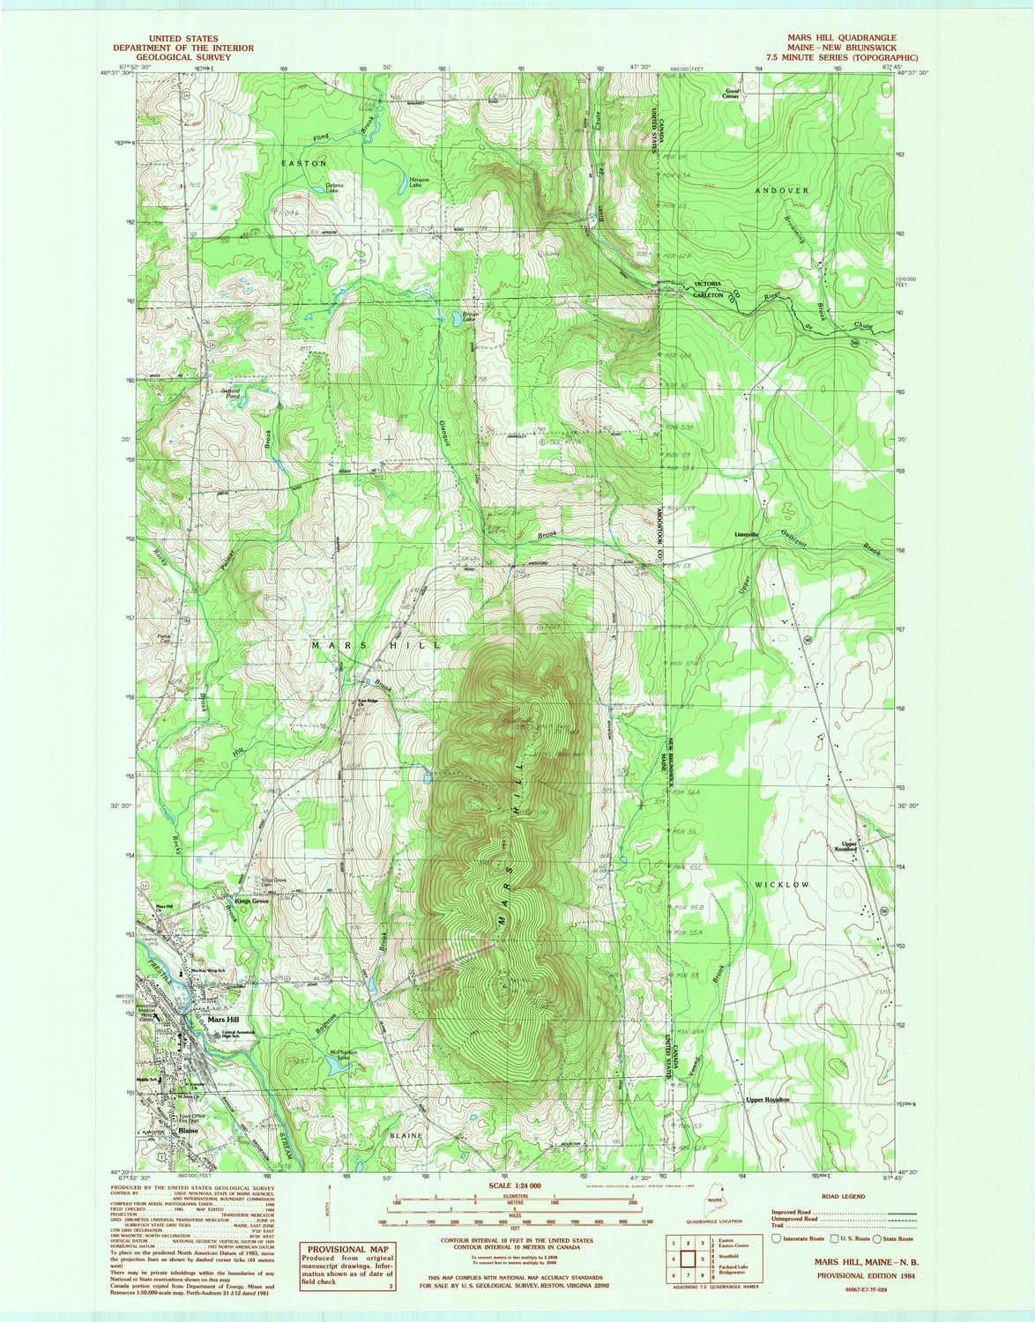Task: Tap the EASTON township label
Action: click(304, 164)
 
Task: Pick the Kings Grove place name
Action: click(250, 902)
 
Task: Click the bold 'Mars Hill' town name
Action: click(215, 1019)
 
